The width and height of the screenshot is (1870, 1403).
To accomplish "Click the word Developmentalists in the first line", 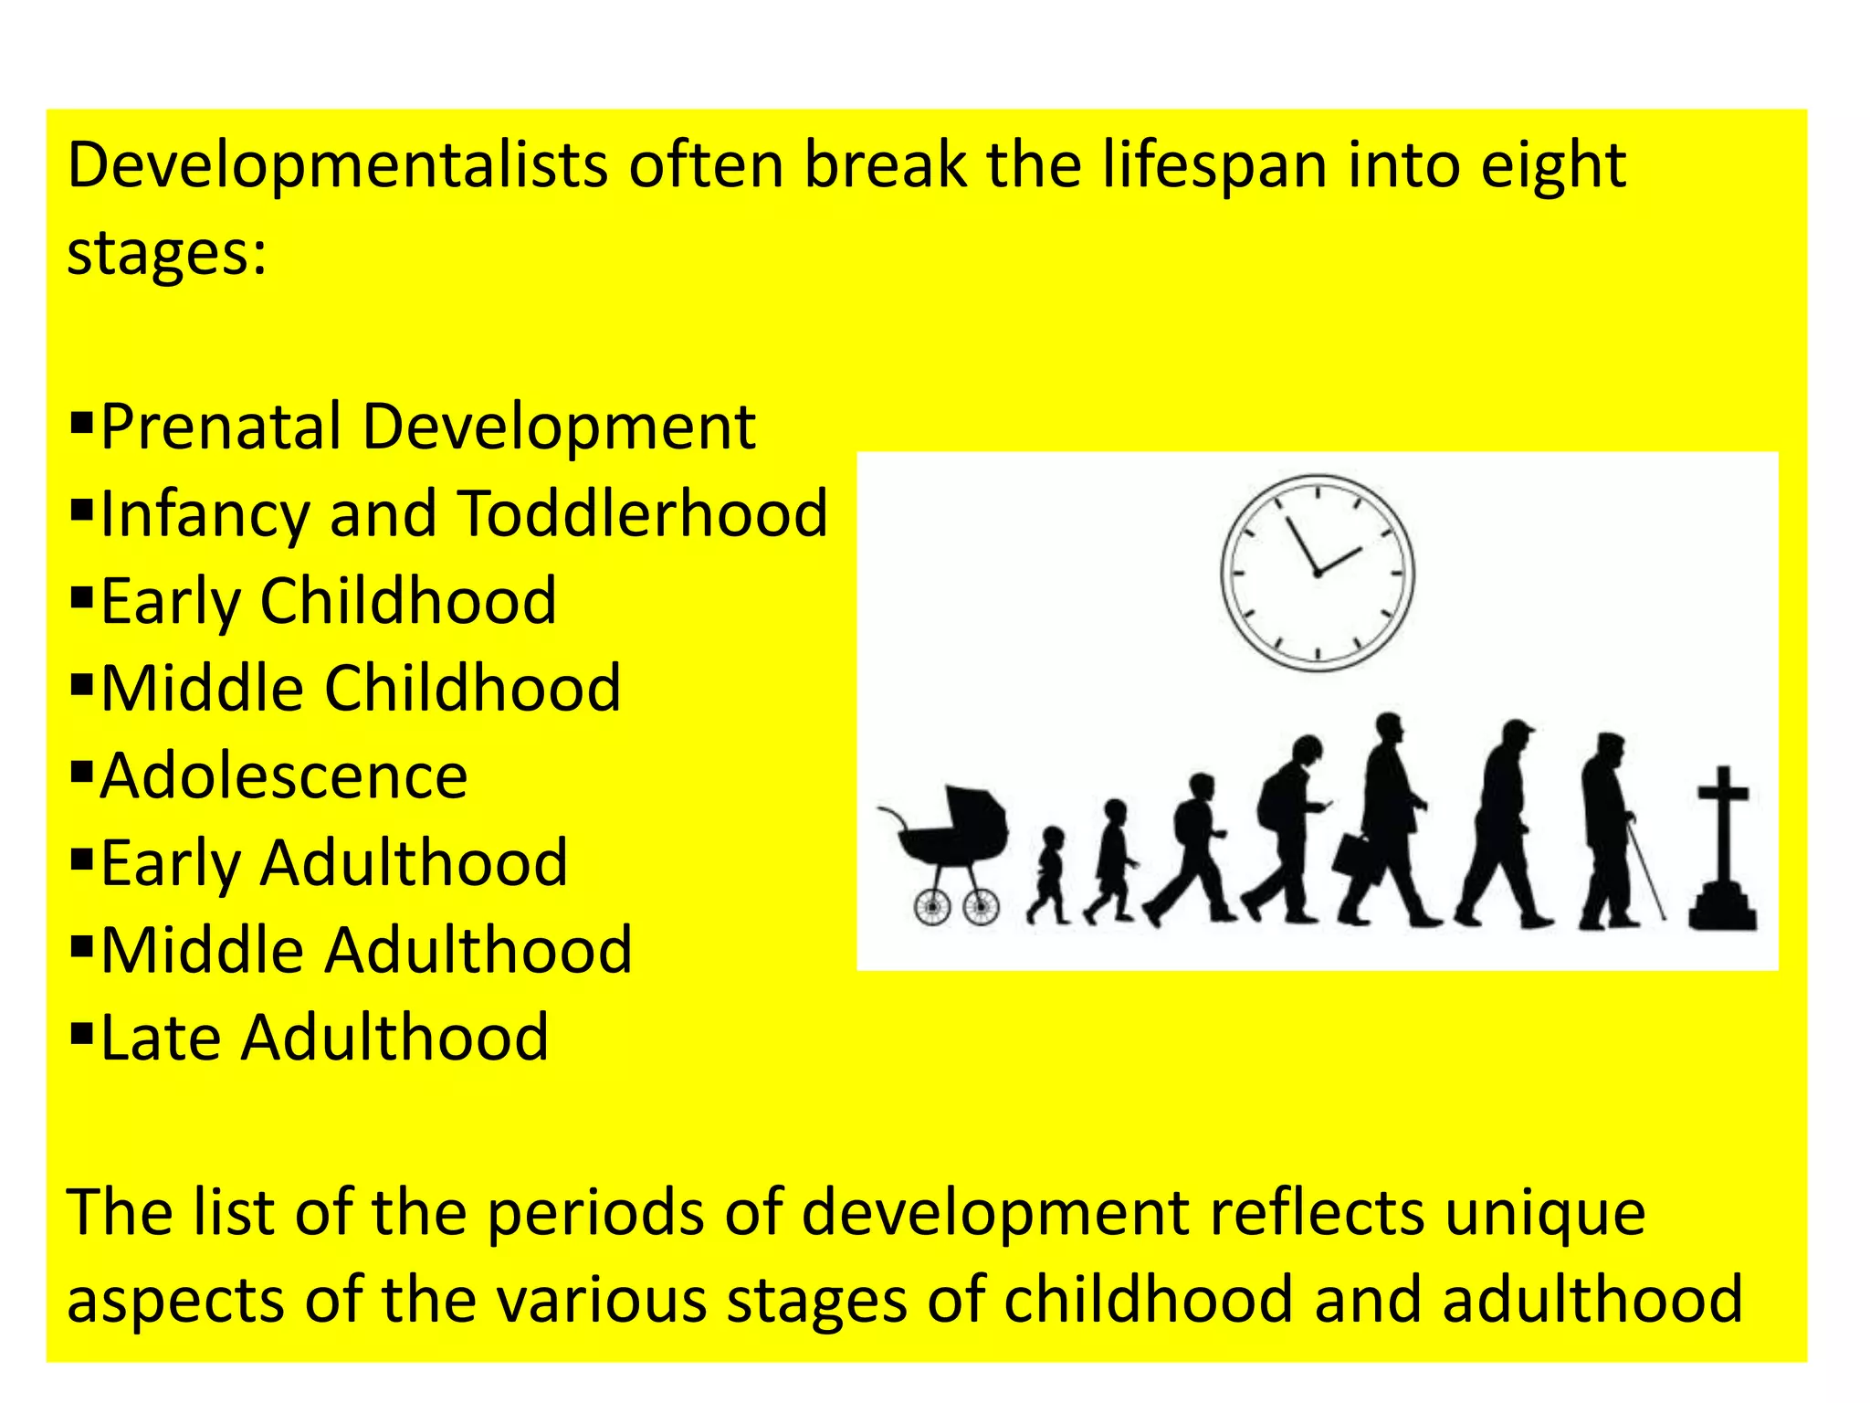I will pyautogui.click(x=337, y=167).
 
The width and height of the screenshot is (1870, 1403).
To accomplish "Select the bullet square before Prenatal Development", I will pyautogui.click(x=81, y=422).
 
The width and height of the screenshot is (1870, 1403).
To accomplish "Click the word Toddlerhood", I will pyautogui.click(x=643, y=513).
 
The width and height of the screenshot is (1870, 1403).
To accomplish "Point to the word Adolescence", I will pyautogui.click(x=284, y=776).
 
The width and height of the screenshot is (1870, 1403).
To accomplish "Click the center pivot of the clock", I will pyautogui.click(x=1318, y=573).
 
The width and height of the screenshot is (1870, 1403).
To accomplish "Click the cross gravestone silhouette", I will pyautogui.click(x=1723, y=854).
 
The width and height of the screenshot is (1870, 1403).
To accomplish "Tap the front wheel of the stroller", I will pyautogui.click(x=981, y=907).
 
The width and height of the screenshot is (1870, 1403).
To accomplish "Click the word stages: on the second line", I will pyautogui.click(x=167, y=253).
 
